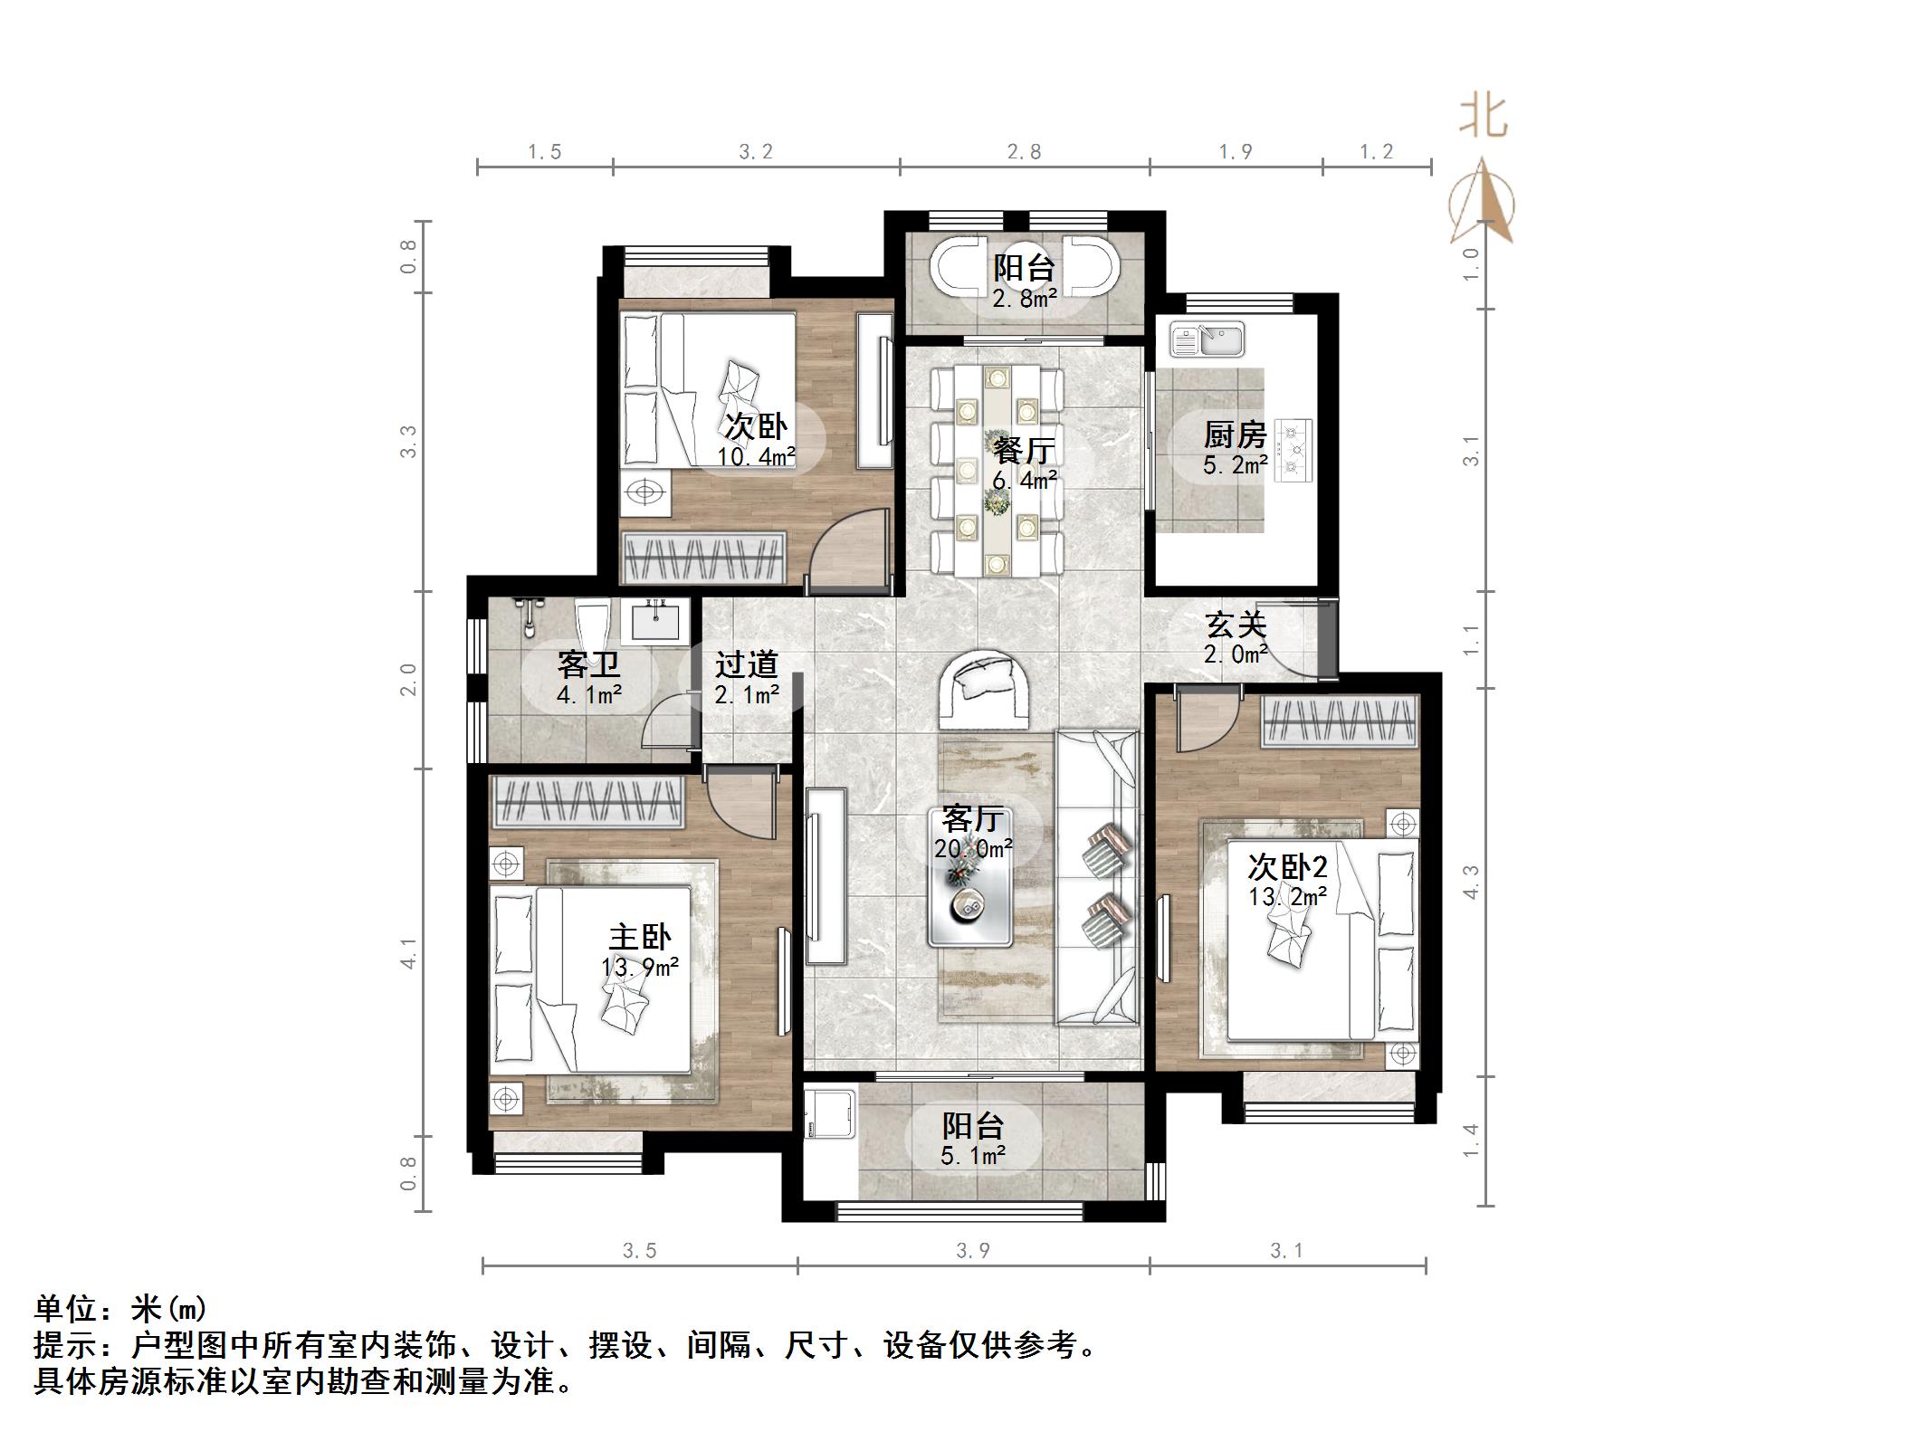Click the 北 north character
click(1483, 118)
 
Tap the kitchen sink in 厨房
click(1207, 339)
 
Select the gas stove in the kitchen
click(1293, 449)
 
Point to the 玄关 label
click(1235, 625)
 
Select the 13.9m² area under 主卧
click(639, 968)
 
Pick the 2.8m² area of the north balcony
click(1024, 298)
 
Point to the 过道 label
click(746, 665)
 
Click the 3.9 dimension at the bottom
click(972, 1251)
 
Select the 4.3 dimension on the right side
click(1471, 882)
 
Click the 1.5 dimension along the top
click(545, 151)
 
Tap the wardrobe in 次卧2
click(1339, 722)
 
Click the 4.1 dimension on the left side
click(409, 953)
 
